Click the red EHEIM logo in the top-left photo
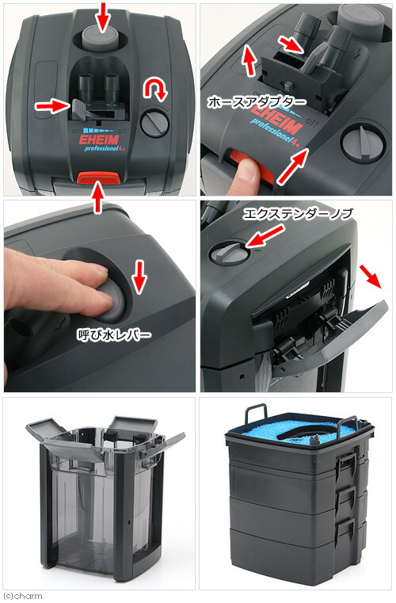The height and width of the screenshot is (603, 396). (x=99, y=139)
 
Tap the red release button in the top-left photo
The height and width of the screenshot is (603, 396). (x=99, y=178)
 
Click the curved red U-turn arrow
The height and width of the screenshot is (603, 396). (x=155, y=90)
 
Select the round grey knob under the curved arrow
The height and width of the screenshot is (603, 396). (x=154, y=123)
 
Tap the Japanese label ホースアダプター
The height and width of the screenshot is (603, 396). (x=257, y=102)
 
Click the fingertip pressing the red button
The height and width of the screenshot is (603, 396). (x=249, y=172)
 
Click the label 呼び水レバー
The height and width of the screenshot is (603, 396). (x=114, y=334)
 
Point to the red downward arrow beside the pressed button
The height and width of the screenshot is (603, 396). (x=139, y=277)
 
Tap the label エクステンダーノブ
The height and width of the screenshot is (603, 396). (x=298, y=214)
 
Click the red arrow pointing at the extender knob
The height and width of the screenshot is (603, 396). (x=265, y=236)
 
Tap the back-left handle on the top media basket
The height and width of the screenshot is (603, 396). (x=257, y=414)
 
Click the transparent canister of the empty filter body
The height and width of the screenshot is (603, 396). (x=101, y=507)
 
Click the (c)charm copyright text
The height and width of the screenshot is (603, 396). (x=22, y=596)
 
